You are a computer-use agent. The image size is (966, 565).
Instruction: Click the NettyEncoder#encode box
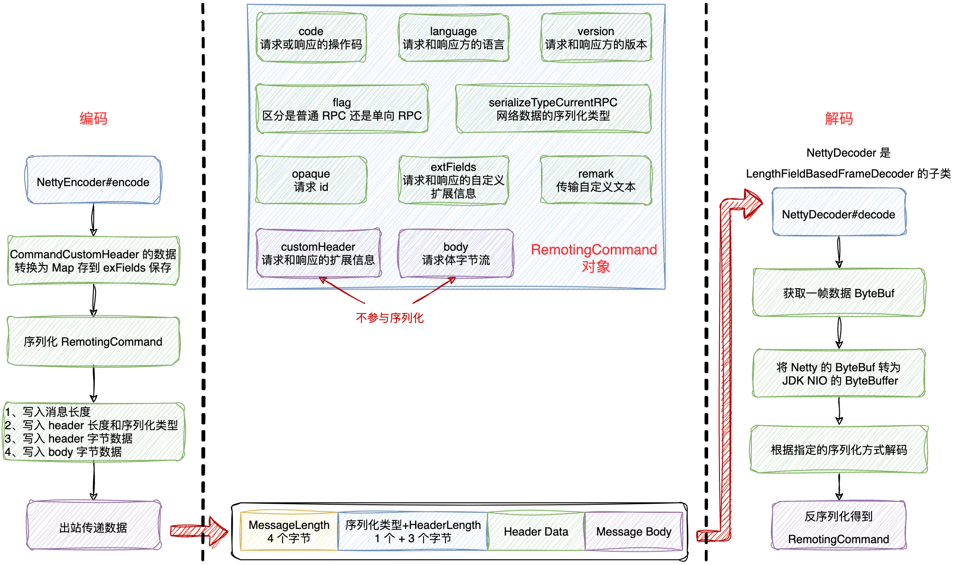tap(93, 181)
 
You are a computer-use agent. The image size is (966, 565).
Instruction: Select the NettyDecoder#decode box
tap(839, 213)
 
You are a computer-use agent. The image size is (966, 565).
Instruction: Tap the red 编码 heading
tap(94, 118)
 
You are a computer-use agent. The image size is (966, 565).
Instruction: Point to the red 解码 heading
tap(839, 118)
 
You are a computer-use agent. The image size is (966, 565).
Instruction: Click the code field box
tap(311, 38)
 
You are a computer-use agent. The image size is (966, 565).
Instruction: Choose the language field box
tap(454, 38)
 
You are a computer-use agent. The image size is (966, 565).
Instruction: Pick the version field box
tap(596, 38)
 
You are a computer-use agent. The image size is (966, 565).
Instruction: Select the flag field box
tap(342, 109)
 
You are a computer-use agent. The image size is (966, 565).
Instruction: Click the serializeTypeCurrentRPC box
tap(553, 109)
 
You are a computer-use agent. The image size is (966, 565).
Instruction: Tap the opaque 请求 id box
tap(311, 180)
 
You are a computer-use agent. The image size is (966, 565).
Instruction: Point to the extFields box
tap(454, 180)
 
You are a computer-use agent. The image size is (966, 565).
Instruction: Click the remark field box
tap(596, 180)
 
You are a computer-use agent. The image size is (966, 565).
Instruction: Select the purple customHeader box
tap(318, 254)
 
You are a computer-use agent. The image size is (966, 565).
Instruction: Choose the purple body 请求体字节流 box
tap(456, 254)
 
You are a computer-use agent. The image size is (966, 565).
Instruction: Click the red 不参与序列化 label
tap(389, 318)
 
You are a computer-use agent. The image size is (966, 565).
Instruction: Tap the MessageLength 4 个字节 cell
tap(289, 531)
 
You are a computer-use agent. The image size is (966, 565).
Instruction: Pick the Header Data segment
tap(536, 531)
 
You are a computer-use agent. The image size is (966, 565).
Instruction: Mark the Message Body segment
tap(634, 531)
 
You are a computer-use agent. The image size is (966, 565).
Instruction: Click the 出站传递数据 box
tap(94, 526)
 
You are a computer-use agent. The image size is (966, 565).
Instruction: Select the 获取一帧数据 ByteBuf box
tap(839, 292)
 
